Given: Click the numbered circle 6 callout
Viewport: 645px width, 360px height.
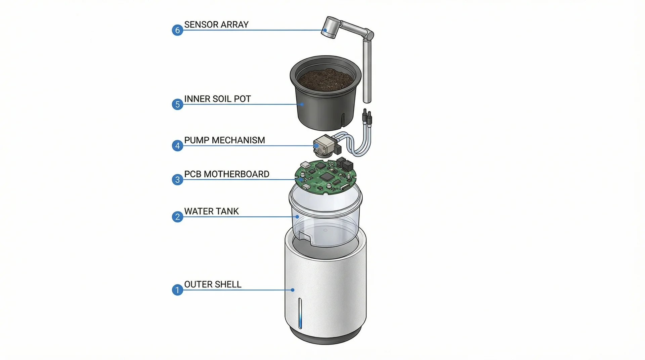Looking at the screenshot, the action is [177, 30].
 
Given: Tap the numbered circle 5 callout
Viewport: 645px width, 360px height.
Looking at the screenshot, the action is [177, 104].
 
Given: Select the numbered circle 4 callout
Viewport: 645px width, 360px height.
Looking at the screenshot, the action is [177, 146].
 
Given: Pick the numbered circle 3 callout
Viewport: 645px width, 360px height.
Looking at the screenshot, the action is [177, 180].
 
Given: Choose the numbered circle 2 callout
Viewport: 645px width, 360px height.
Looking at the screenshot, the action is [177, 217].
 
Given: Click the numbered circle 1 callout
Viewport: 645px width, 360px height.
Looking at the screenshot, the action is [177, 290].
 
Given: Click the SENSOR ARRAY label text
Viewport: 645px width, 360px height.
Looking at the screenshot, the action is [216, 25].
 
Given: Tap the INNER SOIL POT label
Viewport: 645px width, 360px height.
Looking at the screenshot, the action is [217, 99].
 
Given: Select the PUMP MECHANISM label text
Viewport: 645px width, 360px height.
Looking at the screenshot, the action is [224, 140].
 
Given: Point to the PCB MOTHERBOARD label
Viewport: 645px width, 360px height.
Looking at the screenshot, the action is [227, 174].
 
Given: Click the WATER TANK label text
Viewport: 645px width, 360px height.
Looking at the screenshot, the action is [211, 211].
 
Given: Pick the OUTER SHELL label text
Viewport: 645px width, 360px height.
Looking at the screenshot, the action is [213, 284].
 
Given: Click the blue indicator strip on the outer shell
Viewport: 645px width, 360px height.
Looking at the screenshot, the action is [300, 313].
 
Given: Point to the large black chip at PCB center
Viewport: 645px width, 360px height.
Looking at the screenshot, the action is [326, 176].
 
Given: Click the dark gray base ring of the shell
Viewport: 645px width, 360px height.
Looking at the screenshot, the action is [326, 336].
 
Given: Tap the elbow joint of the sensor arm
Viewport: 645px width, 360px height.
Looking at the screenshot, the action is [369, 35].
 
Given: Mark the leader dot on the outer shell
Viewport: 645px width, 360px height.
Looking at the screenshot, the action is [293, 290].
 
